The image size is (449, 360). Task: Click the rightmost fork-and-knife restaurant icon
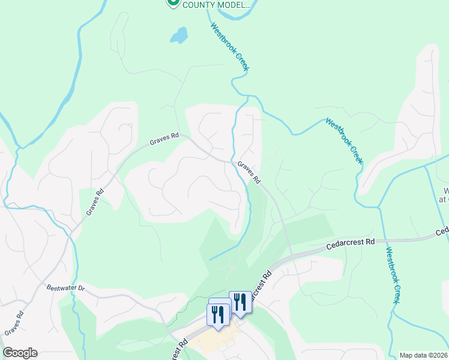click(x=240, y=302)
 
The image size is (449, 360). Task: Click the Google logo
click(x=20, y=353)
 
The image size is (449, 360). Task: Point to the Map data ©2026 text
click(x=423, y=355)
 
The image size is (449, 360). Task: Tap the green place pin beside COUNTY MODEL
click(x=173, y=3)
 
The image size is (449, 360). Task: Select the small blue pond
click(x=178, y=35)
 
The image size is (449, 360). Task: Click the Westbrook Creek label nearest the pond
click(x=229, y=47)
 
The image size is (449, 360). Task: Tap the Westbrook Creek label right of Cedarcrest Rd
click(x=392, y=275)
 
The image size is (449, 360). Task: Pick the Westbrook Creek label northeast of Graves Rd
click(x=345, y=140)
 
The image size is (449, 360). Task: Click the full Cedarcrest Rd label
click(x=351, y=244)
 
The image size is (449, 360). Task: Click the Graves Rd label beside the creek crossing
click(x=249, y=172)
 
